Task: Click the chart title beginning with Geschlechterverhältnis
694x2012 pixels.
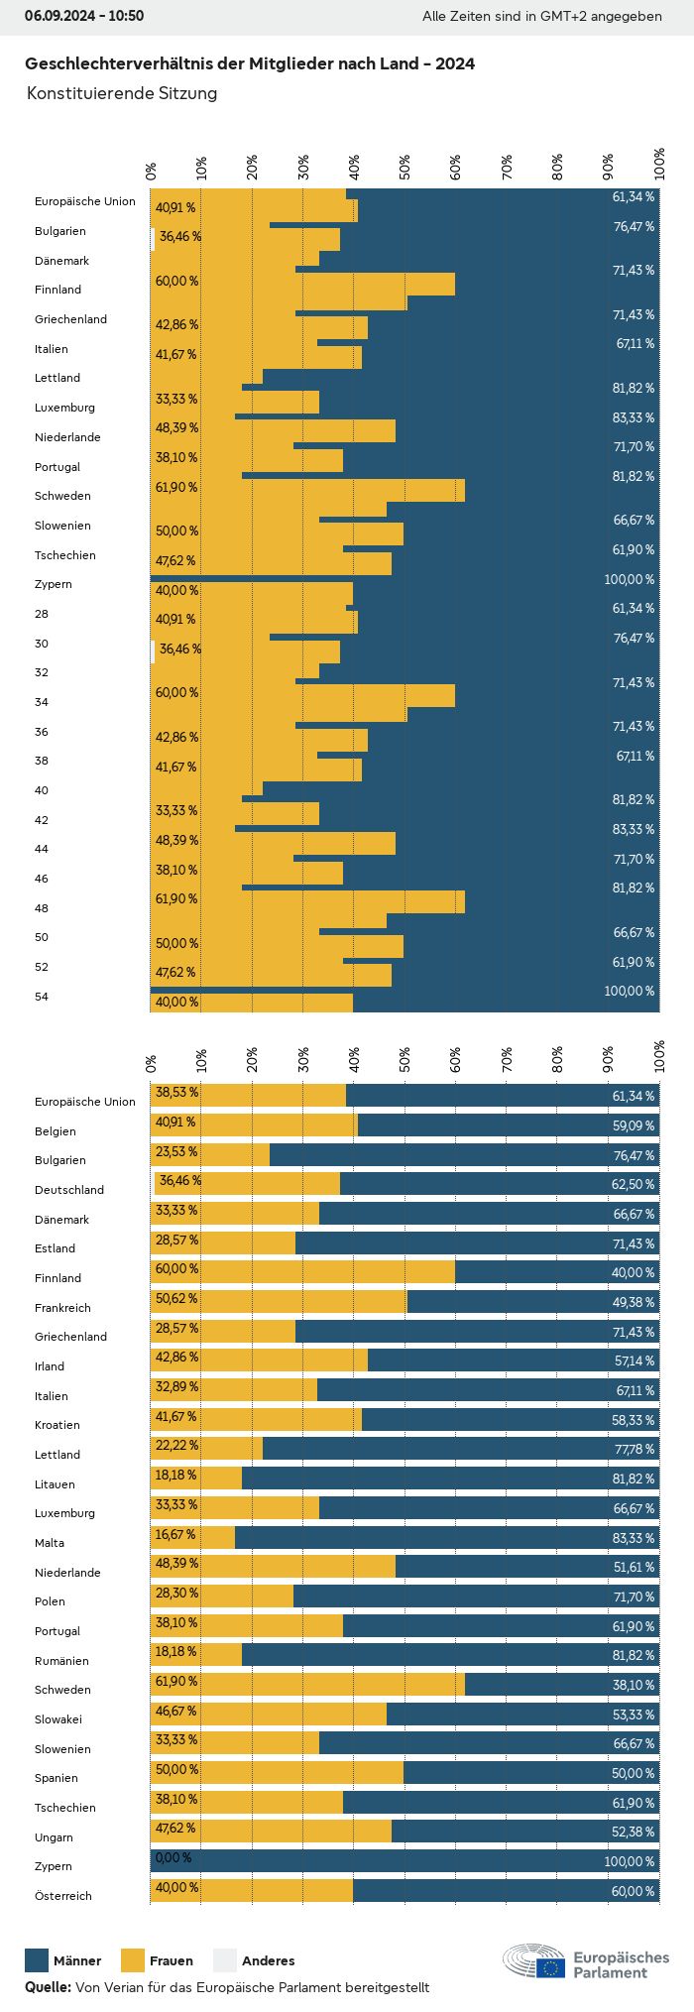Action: point(250,63)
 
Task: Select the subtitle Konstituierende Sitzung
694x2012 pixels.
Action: point(122,93)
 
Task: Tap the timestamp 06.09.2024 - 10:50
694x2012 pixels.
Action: point(84,16)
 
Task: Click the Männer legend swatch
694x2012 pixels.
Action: point(37,1959)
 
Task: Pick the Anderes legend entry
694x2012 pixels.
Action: point(254,1959)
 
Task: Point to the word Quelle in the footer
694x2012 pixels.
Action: point(48,1987)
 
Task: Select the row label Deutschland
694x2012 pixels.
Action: point(69,1189)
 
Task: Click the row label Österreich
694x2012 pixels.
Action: point(63,1895)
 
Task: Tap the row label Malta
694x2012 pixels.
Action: point(50,1542)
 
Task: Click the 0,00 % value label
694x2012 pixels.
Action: point(173,1857)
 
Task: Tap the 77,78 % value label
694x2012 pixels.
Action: point(635,1449)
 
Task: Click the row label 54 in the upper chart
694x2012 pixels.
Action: point(42,996)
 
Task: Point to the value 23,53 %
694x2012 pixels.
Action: point(176,1151)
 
